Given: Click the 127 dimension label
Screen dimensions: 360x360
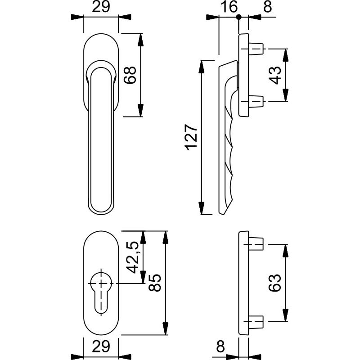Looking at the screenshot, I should tap(191, 136).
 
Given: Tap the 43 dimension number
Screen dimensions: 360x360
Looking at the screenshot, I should tap(276, 75).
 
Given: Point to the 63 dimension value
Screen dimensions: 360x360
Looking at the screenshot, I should tap(276, 283).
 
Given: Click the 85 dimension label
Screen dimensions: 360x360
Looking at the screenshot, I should tap(155, 282).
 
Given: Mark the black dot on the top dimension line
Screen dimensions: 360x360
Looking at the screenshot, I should tap(239, 17).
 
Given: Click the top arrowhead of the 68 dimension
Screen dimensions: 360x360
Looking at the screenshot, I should tap(141, 40).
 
